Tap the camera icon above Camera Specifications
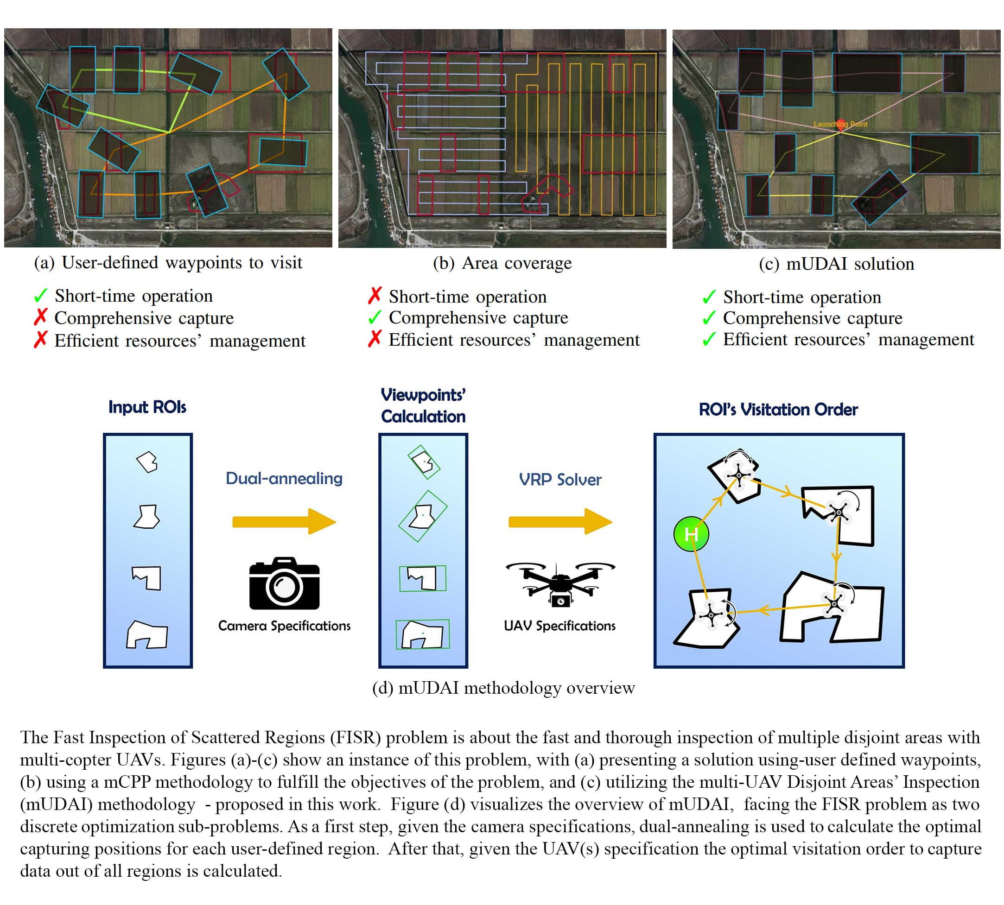pos(284,583)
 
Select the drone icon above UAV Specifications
pos(560,583)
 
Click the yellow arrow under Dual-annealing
pos(284,521)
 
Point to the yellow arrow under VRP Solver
pos(560,521)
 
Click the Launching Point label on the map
pos(840,124)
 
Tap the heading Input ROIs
pos(147,407)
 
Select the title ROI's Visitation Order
pos(778,409)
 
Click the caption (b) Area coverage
pos(502,263)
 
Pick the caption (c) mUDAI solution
pos(836,264)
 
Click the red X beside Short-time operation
pos(375,295)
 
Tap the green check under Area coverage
pos(375,317)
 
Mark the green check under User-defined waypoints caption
pos(40,296)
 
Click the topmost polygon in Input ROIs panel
pos(147,462)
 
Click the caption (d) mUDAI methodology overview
pos(503,688)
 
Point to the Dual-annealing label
pos(284,478)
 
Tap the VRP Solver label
pos(560,479)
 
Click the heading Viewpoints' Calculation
pos(423,405)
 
